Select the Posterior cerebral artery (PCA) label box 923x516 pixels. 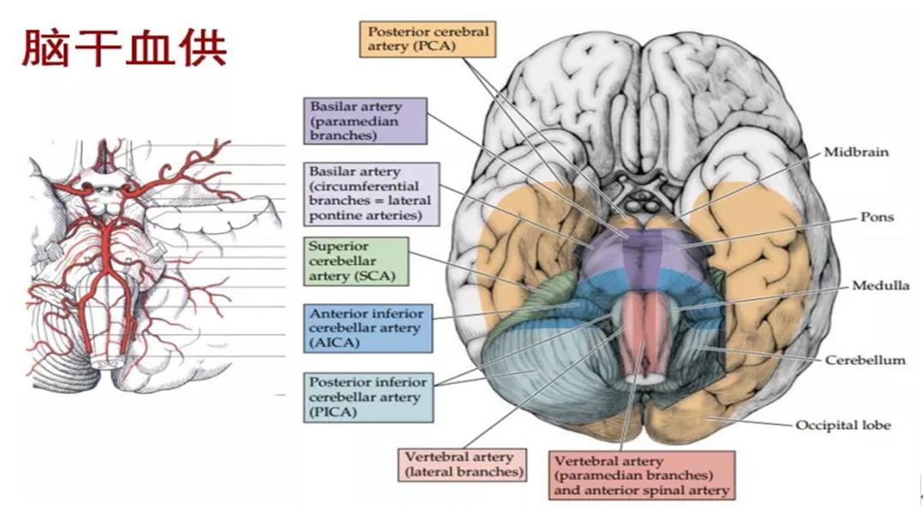coord(427,39)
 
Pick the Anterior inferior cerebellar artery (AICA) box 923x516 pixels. coord(366,328)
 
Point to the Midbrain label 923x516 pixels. coord(856,152)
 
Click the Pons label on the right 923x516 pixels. coord(877,217)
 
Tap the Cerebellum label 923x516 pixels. coord(865,360)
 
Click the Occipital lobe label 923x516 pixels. coord(843,424)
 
